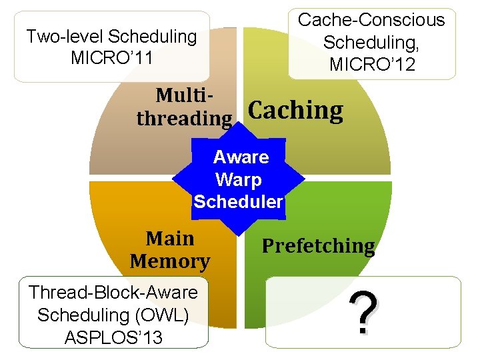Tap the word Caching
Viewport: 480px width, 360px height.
click(295, 111)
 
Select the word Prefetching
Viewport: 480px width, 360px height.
click(318, 246)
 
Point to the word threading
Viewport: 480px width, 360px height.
click(184, 119)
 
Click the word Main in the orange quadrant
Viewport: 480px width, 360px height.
click(170, 239)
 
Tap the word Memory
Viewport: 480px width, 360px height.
click(170, 261)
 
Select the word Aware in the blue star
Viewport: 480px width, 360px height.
click(241, 157)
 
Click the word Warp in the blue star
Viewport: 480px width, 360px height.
click(239, 179)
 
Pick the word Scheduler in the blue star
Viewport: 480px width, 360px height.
click(238, 201)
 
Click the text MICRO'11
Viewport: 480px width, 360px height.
click(112, 58)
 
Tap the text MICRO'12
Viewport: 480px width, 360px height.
click(371, 65)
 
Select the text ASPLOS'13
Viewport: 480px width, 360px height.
click(113, 337)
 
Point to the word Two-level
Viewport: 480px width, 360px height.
click(64, 36)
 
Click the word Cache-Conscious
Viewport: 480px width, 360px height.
click(371, 20)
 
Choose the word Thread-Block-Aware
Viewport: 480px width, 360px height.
click(113, 292)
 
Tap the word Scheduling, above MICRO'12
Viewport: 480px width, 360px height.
click(371, 43)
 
